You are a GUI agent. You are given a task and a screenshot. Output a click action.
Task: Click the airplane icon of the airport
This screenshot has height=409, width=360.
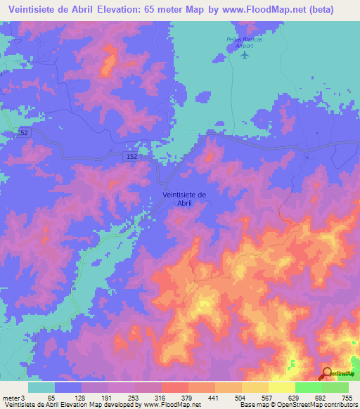click(244, 54)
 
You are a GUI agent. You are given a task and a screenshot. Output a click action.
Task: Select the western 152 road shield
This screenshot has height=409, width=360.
click(22, 132)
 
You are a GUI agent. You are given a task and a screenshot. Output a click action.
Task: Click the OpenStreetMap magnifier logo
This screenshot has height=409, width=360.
click(328, 374)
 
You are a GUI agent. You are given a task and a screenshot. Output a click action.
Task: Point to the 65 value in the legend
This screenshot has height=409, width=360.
click(51, 398)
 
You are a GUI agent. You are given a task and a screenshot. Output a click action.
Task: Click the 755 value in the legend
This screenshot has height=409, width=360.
click(345, 398)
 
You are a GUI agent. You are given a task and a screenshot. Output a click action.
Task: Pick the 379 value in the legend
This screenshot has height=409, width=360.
click(186, 398)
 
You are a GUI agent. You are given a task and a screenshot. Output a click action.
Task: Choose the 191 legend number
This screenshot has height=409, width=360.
click(105, 398)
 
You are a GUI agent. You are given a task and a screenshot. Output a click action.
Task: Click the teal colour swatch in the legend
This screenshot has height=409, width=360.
click(41, 387)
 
